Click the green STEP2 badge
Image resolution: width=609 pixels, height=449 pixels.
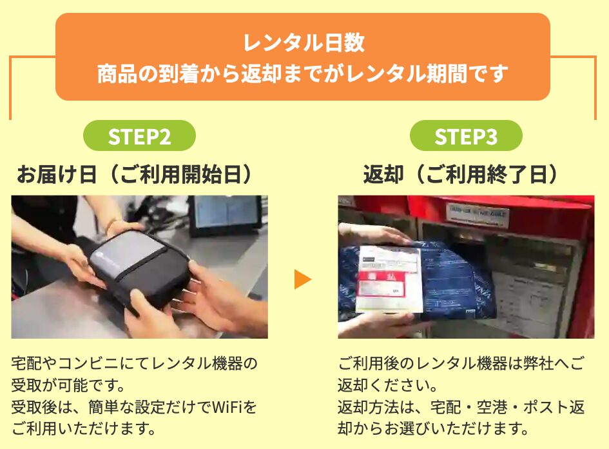click(139, 135)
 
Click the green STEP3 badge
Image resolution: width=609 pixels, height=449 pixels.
click(466, 135)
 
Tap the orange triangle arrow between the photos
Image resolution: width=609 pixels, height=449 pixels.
click(302, 279)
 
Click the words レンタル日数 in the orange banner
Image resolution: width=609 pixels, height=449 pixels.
click(304, 43)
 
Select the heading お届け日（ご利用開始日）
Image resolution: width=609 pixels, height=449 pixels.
click(135, 175)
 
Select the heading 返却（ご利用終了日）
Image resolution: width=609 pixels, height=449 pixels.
click(461, 175)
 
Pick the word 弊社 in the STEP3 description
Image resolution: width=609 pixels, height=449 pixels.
click(538, 363)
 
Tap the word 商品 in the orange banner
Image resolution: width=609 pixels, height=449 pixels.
click(117, 74)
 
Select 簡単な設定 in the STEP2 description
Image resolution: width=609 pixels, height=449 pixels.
click(126, 408)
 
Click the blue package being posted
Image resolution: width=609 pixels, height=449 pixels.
click(418, 278)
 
